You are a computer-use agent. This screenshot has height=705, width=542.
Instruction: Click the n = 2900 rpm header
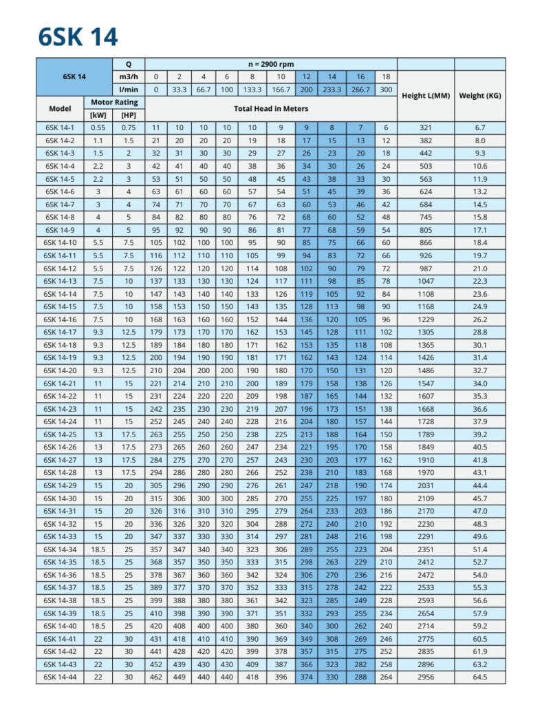(x=271, y=64)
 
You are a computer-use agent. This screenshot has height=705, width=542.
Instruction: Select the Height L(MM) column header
(x=425, y=96)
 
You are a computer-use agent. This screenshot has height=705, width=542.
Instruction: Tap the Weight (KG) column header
(x=479, y=96)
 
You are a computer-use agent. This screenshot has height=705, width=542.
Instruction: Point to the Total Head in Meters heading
(x=271, y=109)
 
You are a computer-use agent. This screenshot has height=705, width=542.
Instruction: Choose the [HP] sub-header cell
(x=129, y=114)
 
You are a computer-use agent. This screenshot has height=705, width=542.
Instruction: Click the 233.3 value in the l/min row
(x=332, y=90)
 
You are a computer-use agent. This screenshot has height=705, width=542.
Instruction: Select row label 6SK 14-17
(x=60, y=332)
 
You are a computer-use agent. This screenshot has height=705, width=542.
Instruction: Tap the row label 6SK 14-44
(x=60, y=677)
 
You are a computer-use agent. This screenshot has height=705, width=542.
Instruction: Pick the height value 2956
(x=424, y=677)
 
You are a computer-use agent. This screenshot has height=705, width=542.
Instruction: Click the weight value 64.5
(x=479, y=677)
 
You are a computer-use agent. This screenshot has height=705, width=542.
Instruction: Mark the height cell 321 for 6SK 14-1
(x=424, y=128)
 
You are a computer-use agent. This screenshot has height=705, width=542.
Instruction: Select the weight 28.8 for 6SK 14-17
(x=479, y=332)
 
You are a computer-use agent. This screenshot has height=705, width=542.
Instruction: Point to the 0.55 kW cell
(x=98, y=128)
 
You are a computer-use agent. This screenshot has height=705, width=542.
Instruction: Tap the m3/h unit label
(x=129, y=76)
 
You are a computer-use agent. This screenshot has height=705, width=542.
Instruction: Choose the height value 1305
(x=424, y=332)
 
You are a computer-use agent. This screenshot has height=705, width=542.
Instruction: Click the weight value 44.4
(x=479, y=485)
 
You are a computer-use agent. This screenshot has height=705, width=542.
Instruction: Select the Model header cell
(x=60, y=109)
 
